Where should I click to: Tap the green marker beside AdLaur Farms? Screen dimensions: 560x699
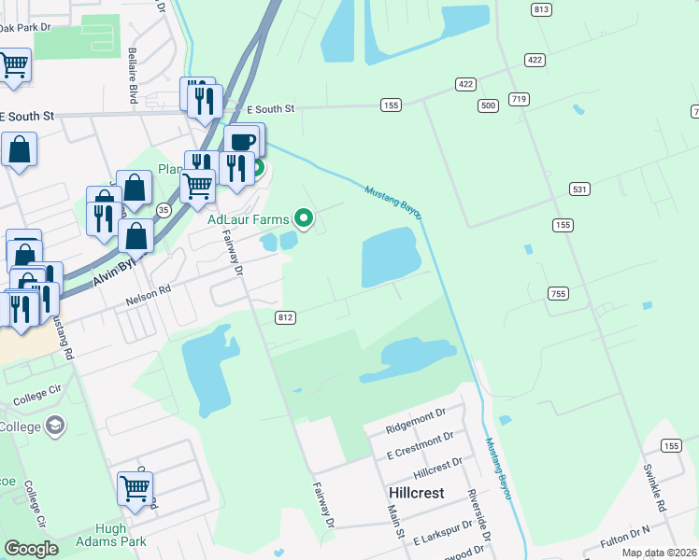303,218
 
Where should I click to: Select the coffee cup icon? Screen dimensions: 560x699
241,141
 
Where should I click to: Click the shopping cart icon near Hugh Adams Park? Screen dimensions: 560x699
136,487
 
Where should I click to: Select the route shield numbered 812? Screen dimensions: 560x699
286,317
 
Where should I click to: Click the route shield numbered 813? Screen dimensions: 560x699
540,9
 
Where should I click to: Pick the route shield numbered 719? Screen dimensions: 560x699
521,99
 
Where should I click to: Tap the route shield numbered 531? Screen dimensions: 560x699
580,189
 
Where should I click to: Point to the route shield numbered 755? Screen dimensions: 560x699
558,294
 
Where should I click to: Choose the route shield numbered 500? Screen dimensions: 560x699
487,105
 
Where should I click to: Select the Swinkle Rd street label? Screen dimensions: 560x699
652,490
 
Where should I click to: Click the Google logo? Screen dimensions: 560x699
32,549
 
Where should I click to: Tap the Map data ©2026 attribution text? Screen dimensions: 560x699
658,553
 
